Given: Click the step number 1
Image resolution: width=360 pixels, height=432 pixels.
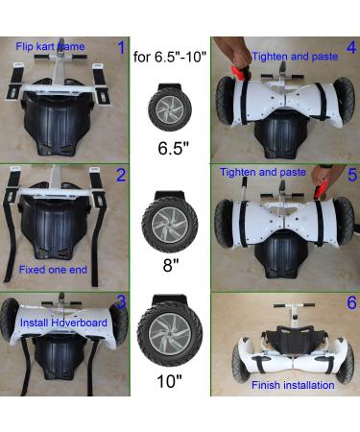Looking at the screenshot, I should [120, 47].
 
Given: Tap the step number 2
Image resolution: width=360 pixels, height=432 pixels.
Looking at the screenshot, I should [120, 175].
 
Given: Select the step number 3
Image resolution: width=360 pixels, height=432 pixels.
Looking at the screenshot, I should [120, 302].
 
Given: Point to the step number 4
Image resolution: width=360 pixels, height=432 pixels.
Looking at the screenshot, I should [351, 47].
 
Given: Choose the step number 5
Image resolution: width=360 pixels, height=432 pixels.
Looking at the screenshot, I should [351, 175].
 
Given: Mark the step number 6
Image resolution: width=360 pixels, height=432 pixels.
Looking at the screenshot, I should [351, 302].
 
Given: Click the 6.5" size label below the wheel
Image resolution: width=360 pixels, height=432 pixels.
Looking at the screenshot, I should [169, 150].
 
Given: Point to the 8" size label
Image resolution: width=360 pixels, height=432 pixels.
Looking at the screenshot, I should [169, 261].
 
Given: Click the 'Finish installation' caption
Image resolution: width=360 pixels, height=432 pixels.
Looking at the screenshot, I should [292, 385].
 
